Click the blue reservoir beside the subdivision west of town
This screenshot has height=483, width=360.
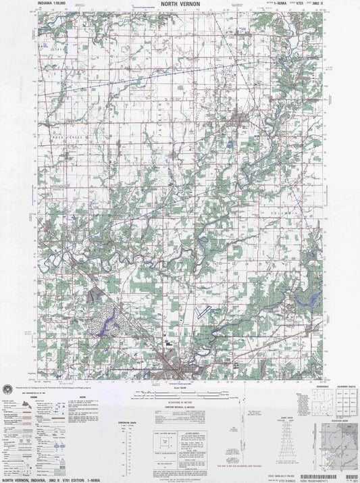115,325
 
